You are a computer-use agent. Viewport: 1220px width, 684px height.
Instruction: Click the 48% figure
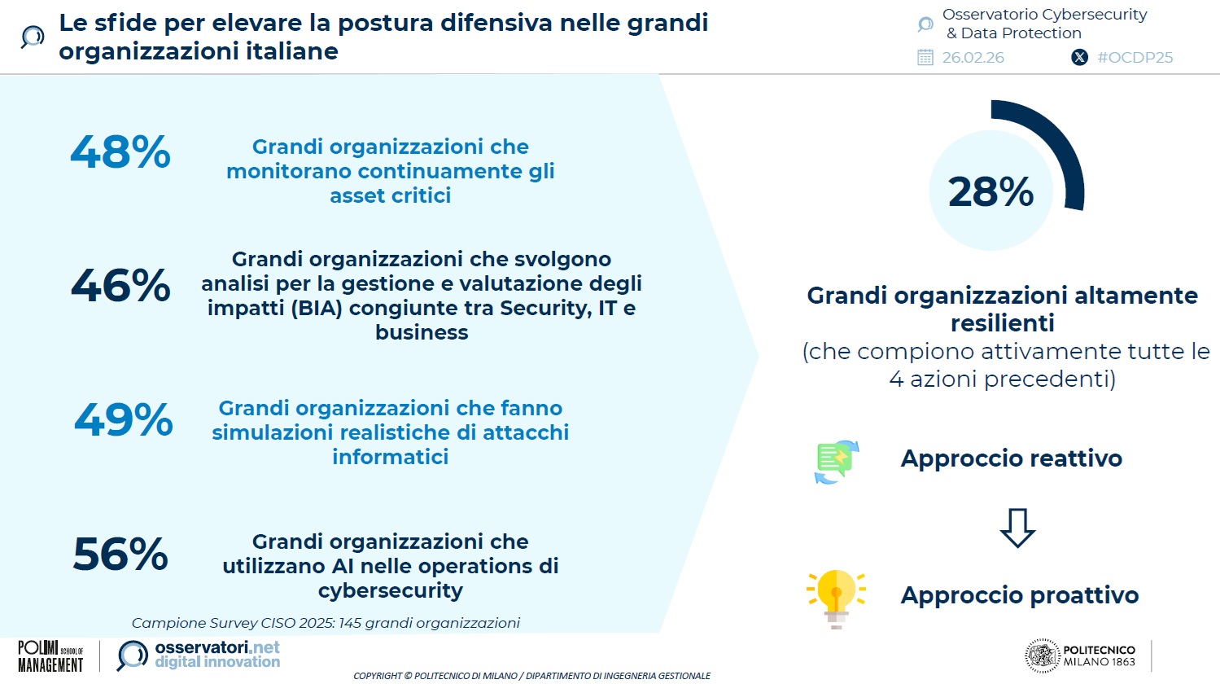click(120, 151)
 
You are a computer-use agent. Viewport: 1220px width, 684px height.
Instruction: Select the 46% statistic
click(120, 285)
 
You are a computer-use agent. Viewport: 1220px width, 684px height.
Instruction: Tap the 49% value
click(123, 419)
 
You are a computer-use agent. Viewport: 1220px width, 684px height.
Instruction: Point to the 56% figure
click(120, 554)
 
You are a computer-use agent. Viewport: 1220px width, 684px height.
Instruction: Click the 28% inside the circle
click(990, 192)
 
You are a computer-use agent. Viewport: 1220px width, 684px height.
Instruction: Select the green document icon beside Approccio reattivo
click(837, 462)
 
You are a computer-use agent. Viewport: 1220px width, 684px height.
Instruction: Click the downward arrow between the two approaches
click(1017, 528)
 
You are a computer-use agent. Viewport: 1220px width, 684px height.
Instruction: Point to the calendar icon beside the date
click(925, 57)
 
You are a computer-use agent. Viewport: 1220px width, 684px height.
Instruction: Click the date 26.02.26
click(973, 57)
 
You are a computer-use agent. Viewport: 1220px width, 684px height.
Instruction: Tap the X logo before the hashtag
click(1079, 57)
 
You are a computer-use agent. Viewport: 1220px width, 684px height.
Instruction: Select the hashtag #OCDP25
click(1135, 57)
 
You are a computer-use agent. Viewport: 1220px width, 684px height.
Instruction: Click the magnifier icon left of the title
click(33, 37)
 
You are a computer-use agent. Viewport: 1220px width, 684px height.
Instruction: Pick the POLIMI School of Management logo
click(50, 656)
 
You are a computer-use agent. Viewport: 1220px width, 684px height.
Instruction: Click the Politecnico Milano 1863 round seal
click(1043, 655)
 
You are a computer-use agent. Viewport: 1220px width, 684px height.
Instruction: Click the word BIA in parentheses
click(316, 308)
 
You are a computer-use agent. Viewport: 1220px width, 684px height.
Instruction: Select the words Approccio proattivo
click(1020, 595)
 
